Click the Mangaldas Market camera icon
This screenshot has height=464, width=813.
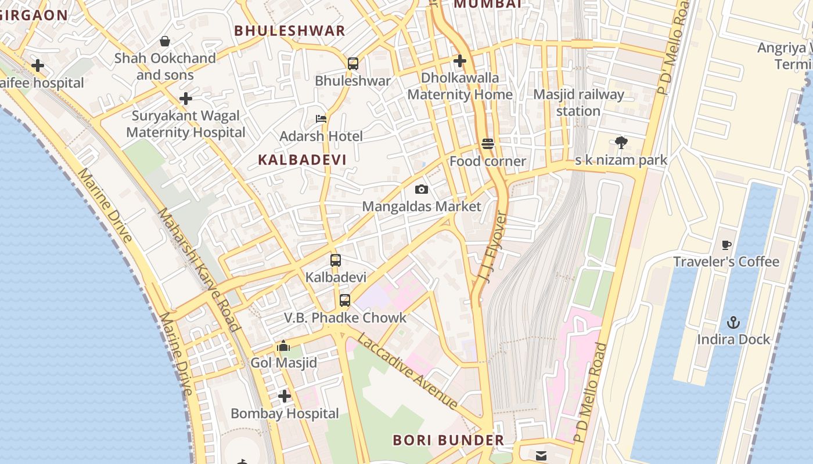coord(422,189)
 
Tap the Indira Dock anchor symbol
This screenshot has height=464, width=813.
coord(733,322)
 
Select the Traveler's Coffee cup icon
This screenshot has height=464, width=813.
coord(726,245)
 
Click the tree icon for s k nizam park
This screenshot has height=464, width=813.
coord(621,143)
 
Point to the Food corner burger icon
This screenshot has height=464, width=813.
coord(488,144)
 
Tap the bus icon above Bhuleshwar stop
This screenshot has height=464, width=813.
coord(352,64)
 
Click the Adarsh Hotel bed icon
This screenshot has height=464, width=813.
coord(321,119)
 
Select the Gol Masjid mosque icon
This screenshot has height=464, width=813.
coord(283,346)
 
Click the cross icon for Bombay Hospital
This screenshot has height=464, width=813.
coord(285,396)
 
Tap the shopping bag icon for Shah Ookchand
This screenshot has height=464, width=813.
coord(165,41)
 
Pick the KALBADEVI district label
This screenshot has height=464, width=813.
coord(302,160)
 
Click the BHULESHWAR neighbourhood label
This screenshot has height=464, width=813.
coord(289,31)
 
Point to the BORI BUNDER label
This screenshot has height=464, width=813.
coord(448,440)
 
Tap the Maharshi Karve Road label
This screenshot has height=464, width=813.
coord(198,269)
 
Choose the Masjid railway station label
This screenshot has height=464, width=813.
coord(578,102)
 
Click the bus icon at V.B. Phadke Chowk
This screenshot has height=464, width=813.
coord(345,300)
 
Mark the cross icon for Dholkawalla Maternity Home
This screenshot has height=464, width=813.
coord(460,60)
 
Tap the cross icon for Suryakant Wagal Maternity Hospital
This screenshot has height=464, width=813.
coord(186,99)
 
